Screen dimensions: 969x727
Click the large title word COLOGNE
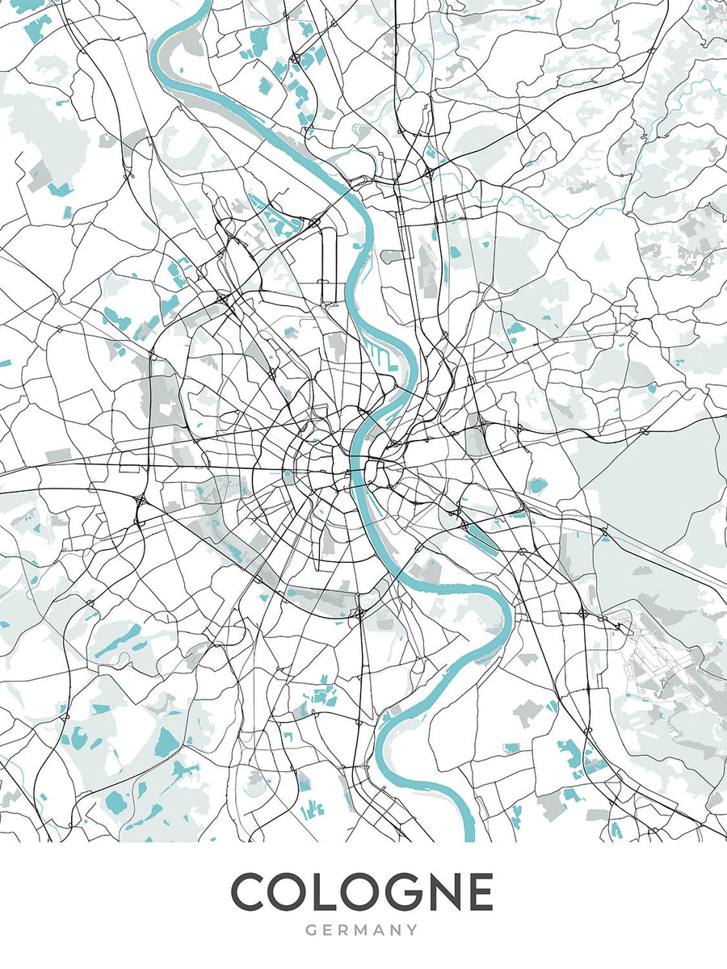click(362, 892)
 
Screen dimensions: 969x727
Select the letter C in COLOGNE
click(251, 892)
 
